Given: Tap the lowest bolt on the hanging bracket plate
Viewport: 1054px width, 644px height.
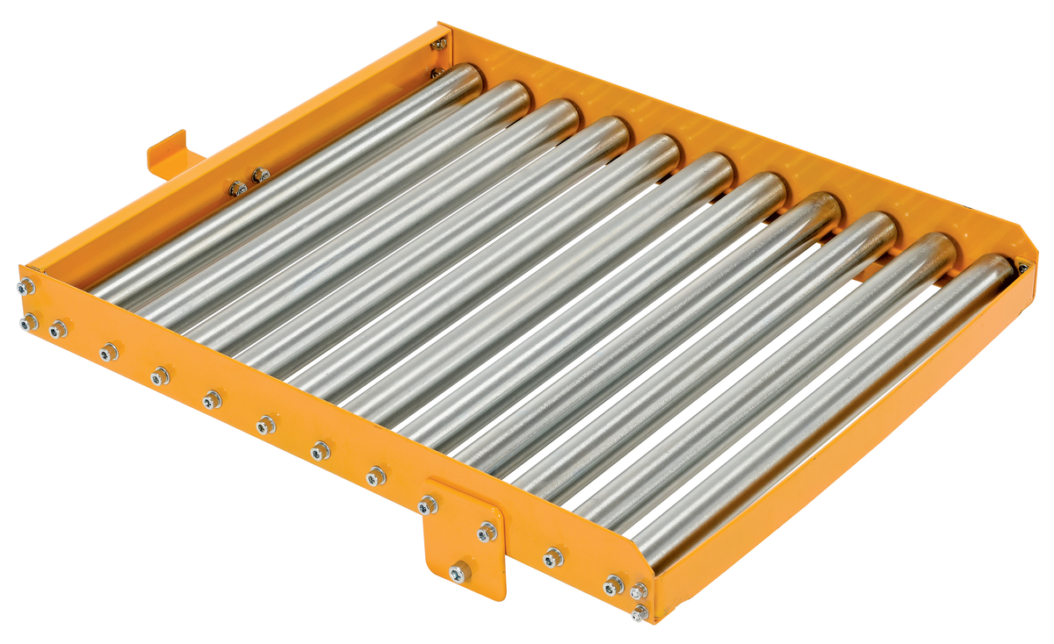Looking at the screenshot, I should point(457,573).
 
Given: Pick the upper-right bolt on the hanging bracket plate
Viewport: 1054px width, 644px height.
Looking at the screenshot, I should point(487,532).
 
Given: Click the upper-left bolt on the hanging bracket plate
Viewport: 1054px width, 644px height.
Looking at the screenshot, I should point(428,505).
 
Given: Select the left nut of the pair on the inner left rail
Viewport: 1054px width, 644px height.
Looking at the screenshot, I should point(237,188).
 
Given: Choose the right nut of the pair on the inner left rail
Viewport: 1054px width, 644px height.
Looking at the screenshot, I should point(260,176).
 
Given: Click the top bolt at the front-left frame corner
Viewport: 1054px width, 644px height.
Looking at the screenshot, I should point(27,286).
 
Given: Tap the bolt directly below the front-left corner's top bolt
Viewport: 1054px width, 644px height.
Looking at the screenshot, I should point(28,323).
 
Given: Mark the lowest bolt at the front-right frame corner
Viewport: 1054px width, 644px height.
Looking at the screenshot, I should point(639,612).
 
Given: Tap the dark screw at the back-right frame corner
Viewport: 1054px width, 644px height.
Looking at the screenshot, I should point(1022,268).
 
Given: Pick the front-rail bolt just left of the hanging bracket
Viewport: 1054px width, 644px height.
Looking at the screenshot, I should point(376,476).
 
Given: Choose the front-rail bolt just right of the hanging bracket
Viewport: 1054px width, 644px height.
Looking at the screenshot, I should point(552,556).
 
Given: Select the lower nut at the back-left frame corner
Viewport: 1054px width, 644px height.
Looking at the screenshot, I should point(437,73).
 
